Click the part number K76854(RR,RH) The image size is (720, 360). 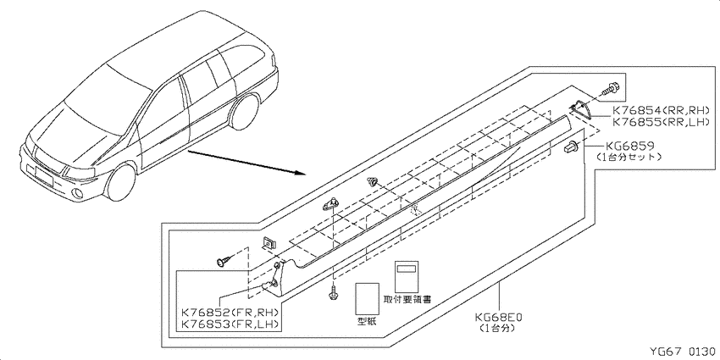(662, 111)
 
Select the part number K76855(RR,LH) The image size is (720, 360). (662, 123)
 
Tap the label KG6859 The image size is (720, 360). (629, 146)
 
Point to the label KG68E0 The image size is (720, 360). (500, 318)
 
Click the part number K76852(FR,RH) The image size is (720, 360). (230, 313)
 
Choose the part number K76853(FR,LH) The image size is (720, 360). (230, 324)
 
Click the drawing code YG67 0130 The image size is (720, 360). (683, 352)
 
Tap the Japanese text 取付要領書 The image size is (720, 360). (407, 299)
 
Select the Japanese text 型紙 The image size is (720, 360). (367, 322)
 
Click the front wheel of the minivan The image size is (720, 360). (121, 182)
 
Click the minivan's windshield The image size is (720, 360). (100, 100)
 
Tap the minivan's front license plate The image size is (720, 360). (42, 174)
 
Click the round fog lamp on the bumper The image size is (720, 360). (79, 194)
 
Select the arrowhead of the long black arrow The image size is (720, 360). (300, 174)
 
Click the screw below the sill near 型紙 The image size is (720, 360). (332, 293)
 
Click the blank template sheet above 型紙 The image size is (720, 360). (368, 298)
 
